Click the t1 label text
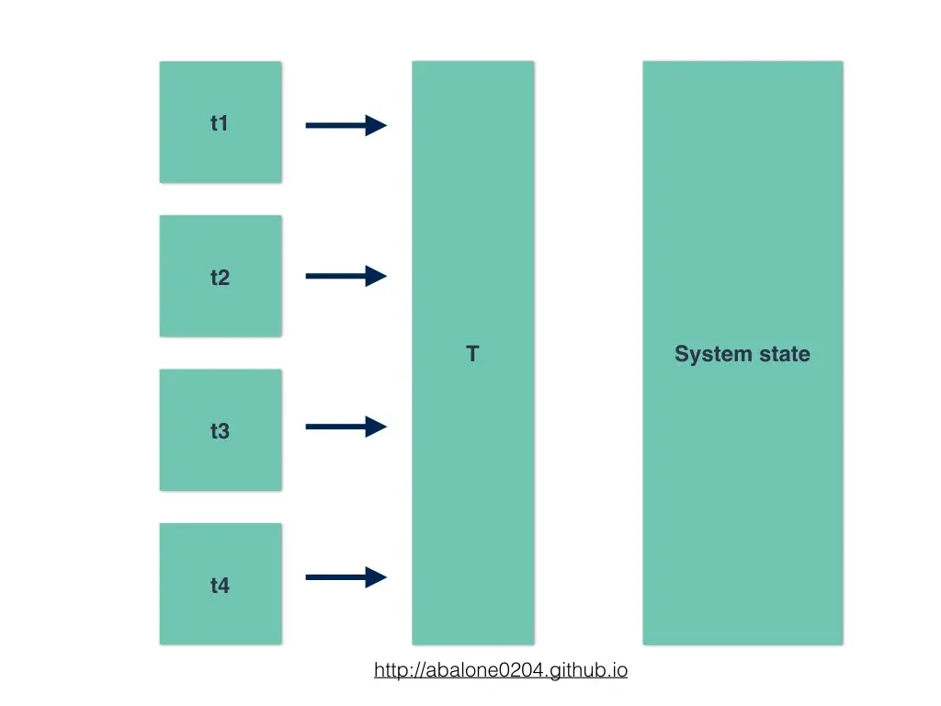click(x=219, y=123)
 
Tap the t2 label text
click(x=220, y=277)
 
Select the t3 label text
click(x=220, y=430)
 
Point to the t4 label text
click(x=220, y=585)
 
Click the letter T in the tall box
click(x=472, y=354)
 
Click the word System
click(x=709, y=354)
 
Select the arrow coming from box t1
click(x=340, y=125)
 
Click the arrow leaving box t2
click(x=340, y=276)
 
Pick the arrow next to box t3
click(x=340, y=427)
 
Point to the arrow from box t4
click(x=340, y=577)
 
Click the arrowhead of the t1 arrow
click(x=376, y=125)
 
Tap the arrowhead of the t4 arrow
click(x=376, y=577)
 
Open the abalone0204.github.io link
click(x=501, y=670)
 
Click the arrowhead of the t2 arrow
click(x=376, y=276)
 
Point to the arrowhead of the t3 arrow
click(x=376, y=427)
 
